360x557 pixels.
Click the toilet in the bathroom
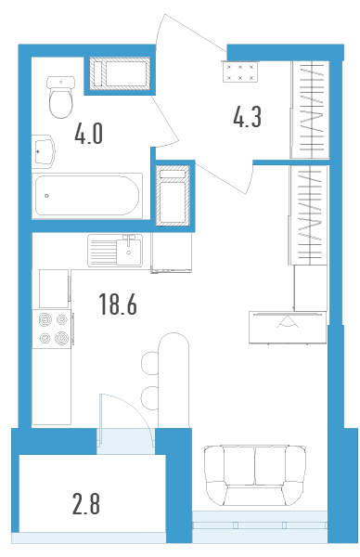pyautogui.click(x=60, y=97)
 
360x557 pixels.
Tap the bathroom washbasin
pyautogui.click(x=44, y=151)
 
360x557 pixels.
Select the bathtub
pyautogui.click(x=87, y=195)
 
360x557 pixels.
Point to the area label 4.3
pyautogui.click(x=247, y=117)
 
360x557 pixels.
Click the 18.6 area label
pyautogui.click(x=118, y=304)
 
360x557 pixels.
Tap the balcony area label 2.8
pyautogui.click(x=86, y=504)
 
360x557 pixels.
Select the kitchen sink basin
pyautogui.click(x=129, y=251)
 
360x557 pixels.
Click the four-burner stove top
pyautogui.click(x=52, y=330)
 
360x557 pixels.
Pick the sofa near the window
pyautogui.click(x=255, y=475)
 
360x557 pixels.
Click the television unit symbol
pyautogui.click(x=288, y=327)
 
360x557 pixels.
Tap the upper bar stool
pyautogui.click(x=150, y=363)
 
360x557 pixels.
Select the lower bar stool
pyautogui.click(x=149, y=397)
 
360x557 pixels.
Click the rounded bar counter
pyautogui.click(x=174, y=381)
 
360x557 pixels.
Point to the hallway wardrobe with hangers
pyautogui.click(x=310, y=110)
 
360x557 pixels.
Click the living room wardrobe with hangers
pyautogui.click(x=309, y=215)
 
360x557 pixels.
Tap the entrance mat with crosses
pyautogui.click(x=239, y=71)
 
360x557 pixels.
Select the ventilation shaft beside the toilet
pyautogui.click(x=120, y=74)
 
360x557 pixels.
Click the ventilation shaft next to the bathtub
pyautogui.click(x=174, y=195)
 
